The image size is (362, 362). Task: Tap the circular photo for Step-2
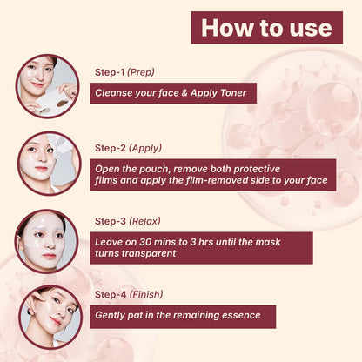tap(47, 163)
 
